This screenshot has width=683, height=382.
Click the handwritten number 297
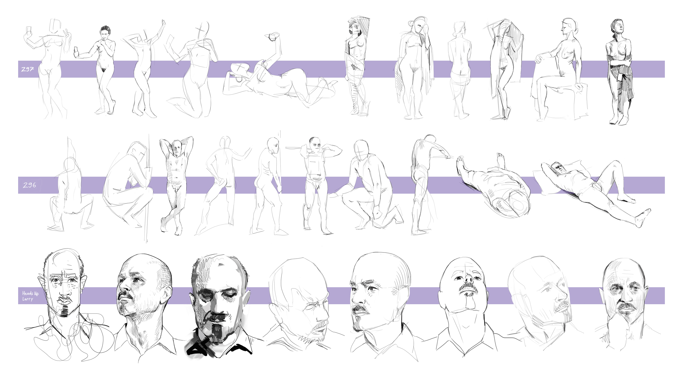pyautogui.click(x=28, y=69)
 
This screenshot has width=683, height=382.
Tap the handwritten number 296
pyautogui.click(x=29, y=185)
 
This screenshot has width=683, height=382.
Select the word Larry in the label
pyautogui.click(x=28, y=299)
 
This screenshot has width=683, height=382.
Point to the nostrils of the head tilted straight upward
pyautogui.click(x=468, y=279)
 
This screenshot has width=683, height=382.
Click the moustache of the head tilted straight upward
pyautogui.click(x=469, y=287)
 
